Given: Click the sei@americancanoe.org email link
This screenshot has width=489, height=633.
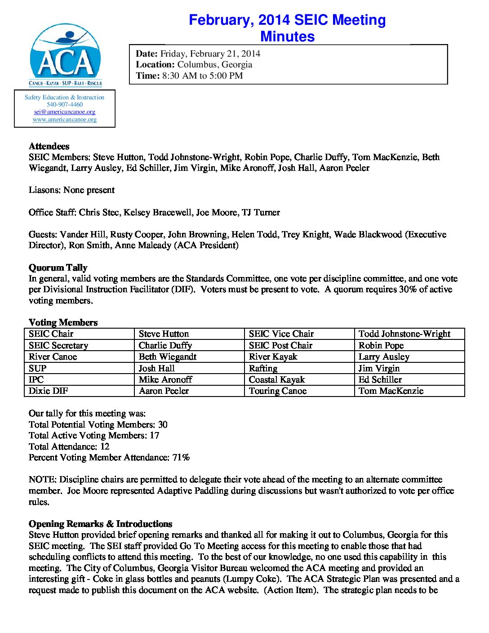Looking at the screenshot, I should pos(65,112).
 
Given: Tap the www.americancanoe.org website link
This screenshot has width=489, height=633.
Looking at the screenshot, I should pos(65,120).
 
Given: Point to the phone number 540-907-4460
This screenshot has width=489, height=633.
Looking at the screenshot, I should pos(65,104).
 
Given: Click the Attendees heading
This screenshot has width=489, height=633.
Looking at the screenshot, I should pos(49,146).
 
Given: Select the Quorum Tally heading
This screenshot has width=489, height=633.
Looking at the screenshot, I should pos(58,267).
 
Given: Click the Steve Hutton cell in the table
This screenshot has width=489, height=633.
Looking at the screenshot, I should pos(164,334).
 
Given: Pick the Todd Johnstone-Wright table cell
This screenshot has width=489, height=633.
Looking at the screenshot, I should pos(404,334).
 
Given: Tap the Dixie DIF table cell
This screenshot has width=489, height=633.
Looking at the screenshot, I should pos(49,391).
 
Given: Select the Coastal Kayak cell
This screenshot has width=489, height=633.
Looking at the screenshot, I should pos(277,379).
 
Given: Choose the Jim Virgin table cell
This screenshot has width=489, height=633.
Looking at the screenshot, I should pos(379,368).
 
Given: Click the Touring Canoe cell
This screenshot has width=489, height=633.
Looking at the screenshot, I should pos(278,391).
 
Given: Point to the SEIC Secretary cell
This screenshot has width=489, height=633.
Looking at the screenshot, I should pos(58,345).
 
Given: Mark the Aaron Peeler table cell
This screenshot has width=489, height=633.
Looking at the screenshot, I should pos(164,391).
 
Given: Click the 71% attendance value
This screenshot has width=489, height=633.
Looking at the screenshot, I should pos(181,458).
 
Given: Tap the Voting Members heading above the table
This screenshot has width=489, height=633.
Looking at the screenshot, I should pos(63,322).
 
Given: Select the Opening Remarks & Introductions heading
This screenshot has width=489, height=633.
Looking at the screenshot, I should pos(100,524).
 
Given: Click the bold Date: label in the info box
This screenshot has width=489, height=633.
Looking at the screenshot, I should pos(147,54).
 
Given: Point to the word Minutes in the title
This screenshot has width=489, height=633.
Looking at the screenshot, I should pos(287,36).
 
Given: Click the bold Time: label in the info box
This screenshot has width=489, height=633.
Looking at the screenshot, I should pos(147,76).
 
